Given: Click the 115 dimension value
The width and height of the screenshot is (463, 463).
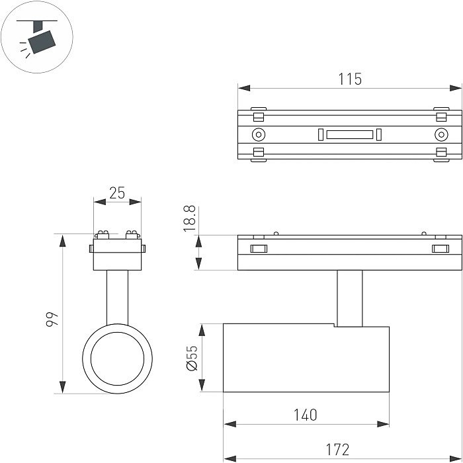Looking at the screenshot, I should pyautogui.click(x=350, y=79).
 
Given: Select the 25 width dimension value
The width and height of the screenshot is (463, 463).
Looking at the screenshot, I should pyautogui.click(x=117, y=192).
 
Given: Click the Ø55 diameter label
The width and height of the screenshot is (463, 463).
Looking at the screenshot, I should pyautogui.click(x=192, y=358).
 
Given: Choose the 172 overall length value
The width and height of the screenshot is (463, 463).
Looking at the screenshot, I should pyautogui.click(x=337, y=450).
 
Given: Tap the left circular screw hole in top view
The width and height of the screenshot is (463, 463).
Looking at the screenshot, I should pyautogui.click(x=258, y=135).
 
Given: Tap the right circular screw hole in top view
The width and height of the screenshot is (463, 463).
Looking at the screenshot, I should pyautogui.click(x=441, y=135).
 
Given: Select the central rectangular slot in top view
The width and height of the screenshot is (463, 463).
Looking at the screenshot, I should pyautogui.click(x=349, y=135).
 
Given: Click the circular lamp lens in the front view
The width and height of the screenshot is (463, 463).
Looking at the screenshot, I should pyautogui.click(x=117, y=360).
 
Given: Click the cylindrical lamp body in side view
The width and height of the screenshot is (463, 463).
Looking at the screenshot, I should pyautogui.click(x=306, y=358).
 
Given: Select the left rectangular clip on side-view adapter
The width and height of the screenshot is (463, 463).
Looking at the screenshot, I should pyautogui.click(x=257, y=249).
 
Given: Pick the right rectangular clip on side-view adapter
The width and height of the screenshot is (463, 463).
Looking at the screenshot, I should pyautogui.click(x=440, y=249).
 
